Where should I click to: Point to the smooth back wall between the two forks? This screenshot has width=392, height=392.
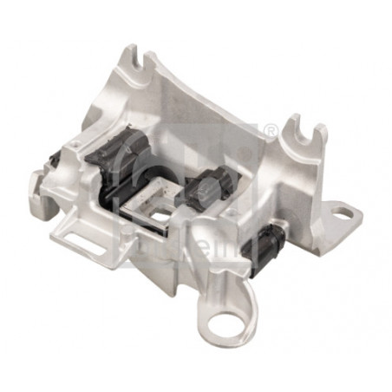[217, 104]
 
